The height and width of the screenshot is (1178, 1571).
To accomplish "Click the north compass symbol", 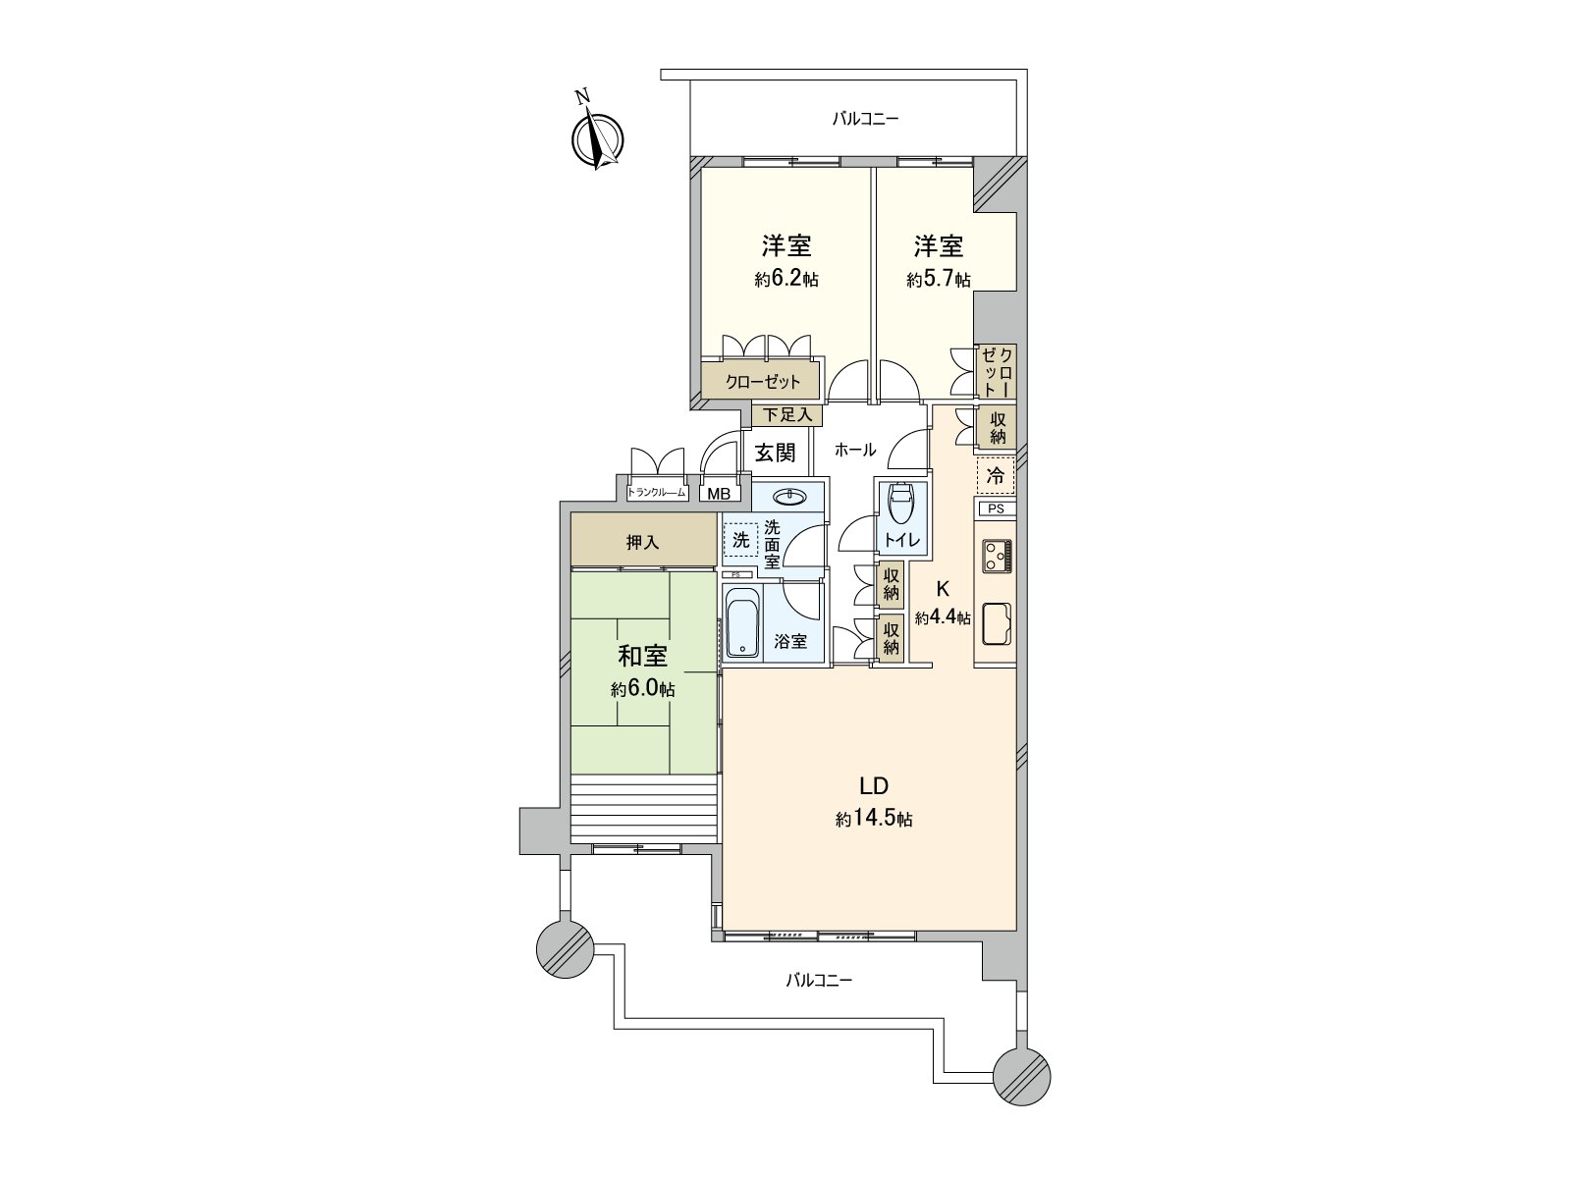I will pos(597,138).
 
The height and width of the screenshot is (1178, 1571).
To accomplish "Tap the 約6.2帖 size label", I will pos(786,280).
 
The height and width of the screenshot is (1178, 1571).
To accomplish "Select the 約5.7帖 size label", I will pos(938,280).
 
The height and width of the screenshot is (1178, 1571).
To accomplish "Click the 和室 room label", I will pos(642,656).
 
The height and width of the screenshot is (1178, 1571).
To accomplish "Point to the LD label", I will pos(874,785).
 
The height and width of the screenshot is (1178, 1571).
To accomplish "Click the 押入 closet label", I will pos(642,542).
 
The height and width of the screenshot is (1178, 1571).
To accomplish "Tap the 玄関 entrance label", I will pos(775,453).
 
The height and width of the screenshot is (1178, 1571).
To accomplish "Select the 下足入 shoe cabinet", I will pos(787,415).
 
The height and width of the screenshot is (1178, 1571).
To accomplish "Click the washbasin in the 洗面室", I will pos(790,498).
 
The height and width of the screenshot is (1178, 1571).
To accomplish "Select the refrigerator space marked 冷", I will pos(996,477).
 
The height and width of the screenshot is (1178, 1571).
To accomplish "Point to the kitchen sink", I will pos(997,624).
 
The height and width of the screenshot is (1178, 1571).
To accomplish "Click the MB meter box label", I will pos(719,494).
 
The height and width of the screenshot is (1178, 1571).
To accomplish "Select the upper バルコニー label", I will pos(865,119).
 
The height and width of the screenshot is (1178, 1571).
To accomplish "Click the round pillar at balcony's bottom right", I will pos(1021,1076).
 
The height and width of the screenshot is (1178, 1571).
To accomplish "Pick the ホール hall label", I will pos(854,451).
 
